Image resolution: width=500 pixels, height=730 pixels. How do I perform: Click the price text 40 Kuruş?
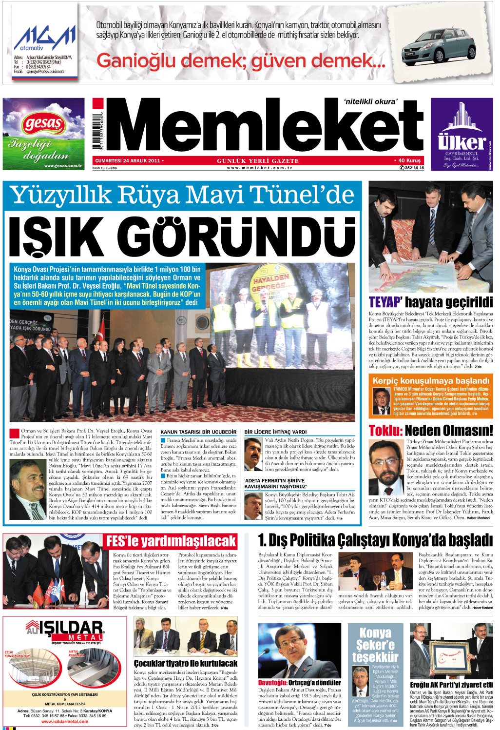(x=409, y=160)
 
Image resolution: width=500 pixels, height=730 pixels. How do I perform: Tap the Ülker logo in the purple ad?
(x=462, y=142)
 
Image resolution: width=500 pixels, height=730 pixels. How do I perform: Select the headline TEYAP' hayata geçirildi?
(x=430, y=302)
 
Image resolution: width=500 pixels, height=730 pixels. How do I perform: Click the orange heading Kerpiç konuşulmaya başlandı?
(x=431, y=380)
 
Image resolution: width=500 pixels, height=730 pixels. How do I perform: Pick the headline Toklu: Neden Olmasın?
(x=430, y=430)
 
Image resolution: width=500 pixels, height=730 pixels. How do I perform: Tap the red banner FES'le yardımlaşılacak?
(x=171, y=541)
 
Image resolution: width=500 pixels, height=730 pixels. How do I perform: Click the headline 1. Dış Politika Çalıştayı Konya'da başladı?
(x=375, y=540)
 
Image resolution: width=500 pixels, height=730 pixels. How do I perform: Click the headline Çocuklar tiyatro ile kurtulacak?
(x=186, y=663)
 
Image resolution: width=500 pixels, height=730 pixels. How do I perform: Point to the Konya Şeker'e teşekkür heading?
(x=375, y=645)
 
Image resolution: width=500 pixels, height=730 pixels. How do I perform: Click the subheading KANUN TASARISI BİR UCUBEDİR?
(x=198, y=432)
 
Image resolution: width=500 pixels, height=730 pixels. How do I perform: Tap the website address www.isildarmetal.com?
(x=65, y=721)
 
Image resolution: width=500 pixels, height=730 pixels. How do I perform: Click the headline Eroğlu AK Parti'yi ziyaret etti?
(x=451, y=685)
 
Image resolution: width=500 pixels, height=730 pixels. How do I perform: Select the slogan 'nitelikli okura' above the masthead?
(x=371, y=101)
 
